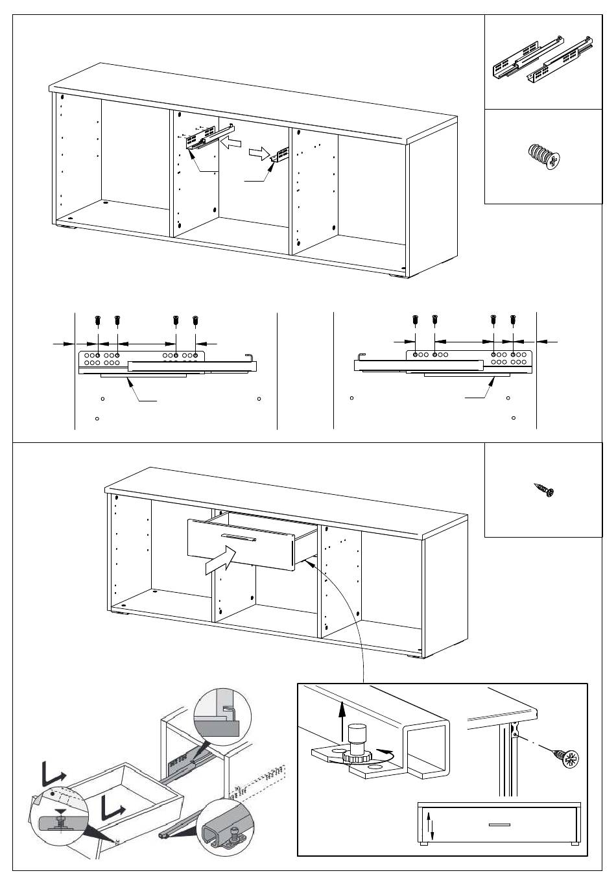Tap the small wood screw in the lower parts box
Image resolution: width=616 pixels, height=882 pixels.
pos(544,490)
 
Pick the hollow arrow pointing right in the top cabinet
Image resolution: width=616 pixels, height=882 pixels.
pos(257,154)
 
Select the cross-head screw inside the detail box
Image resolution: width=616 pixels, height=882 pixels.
pos(565,756)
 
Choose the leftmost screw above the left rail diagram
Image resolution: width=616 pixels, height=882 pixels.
pos(97,320)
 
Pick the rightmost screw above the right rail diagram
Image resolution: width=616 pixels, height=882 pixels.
pos(513,320)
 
